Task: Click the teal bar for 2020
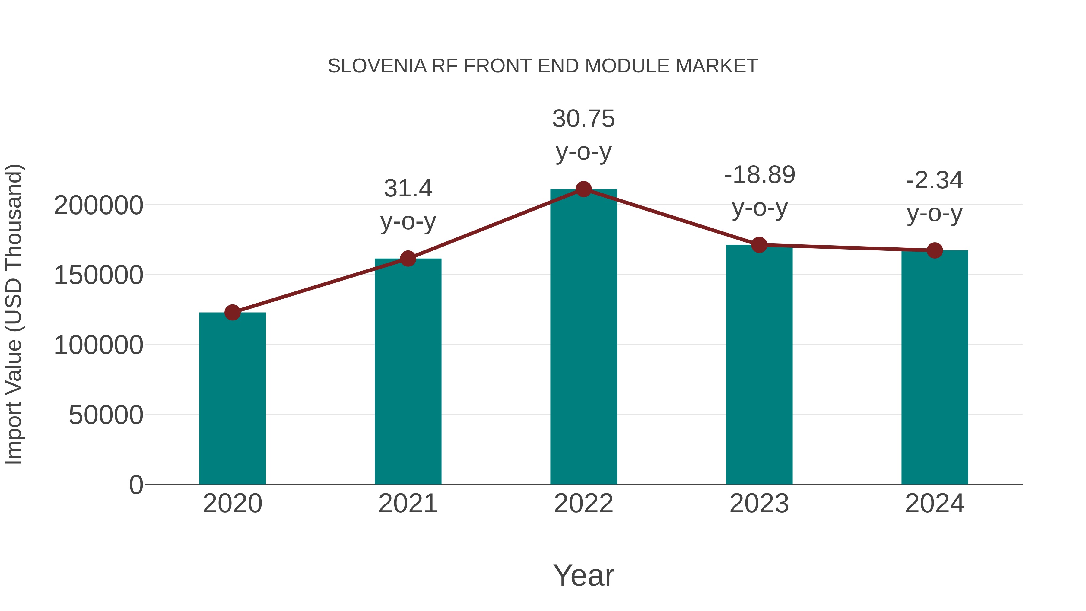232,399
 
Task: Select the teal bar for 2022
583,337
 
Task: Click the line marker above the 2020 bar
232,313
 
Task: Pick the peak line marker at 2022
583,189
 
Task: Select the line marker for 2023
759,245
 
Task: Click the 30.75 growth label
583,119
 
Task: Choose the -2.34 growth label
935,180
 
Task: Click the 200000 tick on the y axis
99,206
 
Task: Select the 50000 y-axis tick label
106,415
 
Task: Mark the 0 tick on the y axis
136,485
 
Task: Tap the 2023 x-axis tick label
759,504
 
